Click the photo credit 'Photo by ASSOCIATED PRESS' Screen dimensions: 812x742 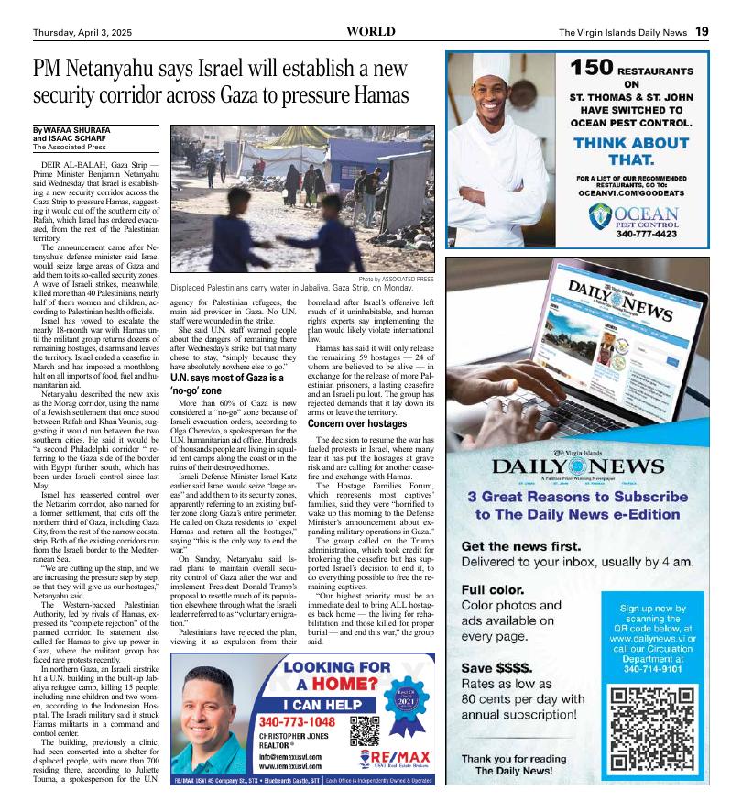click(397, 279)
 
